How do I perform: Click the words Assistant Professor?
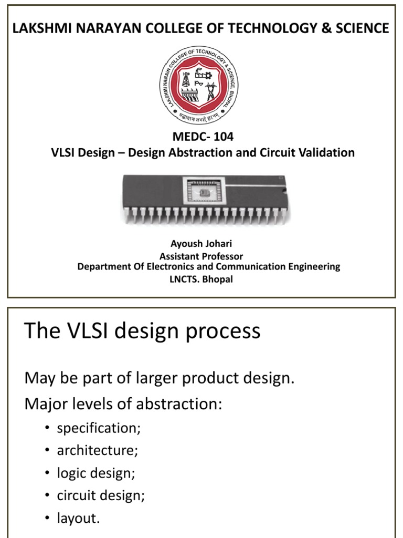[x=201, y=256]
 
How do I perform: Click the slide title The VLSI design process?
[x=143, y=332]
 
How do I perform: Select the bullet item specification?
[x=99, y=428]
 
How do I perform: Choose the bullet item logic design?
[x=96, y=473]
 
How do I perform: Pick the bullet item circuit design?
[x=101, y=495]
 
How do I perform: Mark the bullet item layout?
[x=78, y=518]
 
